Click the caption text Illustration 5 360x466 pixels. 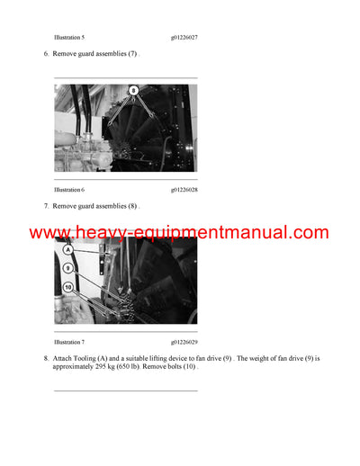click(x=69, y=38)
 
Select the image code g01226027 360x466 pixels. click(x=184, y=38)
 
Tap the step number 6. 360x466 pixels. click(x=46, y=55)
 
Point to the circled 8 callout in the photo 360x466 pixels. click(x=134, y=91)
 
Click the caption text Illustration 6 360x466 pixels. click(x=69, y=190)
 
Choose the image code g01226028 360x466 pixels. click(x=184, y=190)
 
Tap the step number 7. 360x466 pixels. click(x=46, y=207)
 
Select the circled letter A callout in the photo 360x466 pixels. click(x=68, y=251)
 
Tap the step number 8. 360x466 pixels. click(x=46, y=358)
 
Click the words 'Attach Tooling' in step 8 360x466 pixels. click(x=76, y=358)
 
